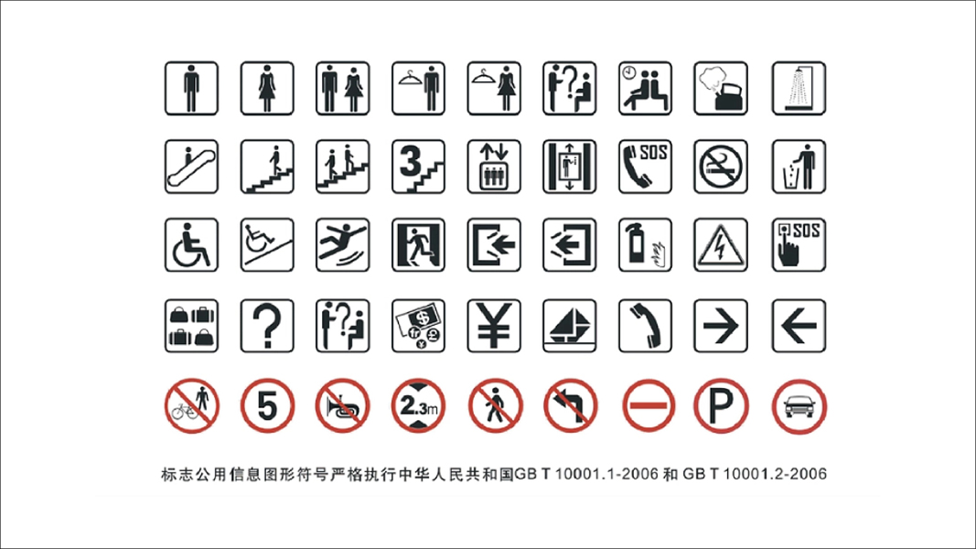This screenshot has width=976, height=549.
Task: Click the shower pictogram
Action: (799, 89)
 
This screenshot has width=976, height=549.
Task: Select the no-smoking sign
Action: (721, 167)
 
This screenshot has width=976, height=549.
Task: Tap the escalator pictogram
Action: (191, 167)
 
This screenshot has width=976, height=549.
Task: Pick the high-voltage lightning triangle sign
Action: (721, 244)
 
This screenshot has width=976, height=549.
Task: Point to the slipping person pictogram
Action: (342, 244)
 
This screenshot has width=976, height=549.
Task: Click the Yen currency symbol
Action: (494, 326)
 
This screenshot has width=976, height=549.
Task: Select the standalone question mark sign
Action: (267, 326)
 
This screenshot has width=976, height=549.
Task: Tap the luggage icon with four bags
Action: (191, 326)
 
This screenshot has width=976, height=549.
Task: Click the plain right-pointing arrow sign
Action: (721, 326)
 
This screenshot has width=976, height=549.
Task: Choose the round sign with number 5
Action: (267, 406)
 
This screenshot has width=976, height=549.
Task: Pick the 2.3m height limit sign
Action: (418, 406)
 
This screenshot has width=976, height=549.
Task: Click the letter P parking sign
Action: (721, 406)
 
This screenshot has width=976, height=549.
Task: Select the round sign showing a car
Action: (799, 406)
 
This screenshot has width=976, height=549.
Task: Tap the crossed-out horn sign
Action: (342, 406)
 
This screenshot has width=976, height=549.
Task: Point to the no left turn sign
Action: (570, 406)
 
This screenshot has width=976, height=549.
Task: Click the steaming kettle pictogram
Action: (721, 89)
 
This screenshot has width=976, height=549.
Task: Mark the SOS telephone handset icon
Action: (645, 167)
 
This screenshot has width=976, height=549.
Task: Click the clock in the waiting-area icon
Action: (629, 73)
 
